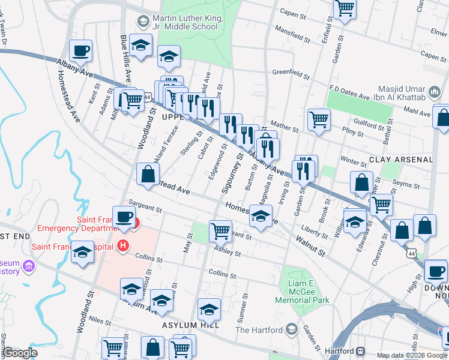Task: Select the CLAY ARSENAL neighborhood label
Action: tap(400, 160)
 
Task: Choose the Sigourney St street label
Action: tap(231, 173)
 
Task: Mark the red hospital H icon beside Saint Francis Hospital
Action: tap(123, 246)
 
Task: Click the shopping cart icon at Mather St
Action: tap(319, 119)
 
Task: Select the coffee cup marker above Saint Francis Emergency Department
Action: tap(124, 217)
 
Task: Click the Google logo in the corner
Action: tap(20, 352)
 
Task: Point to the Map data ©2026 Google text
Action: tap(411, 355)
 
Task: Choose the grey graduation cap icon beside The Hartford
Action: tap(292, 329)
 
